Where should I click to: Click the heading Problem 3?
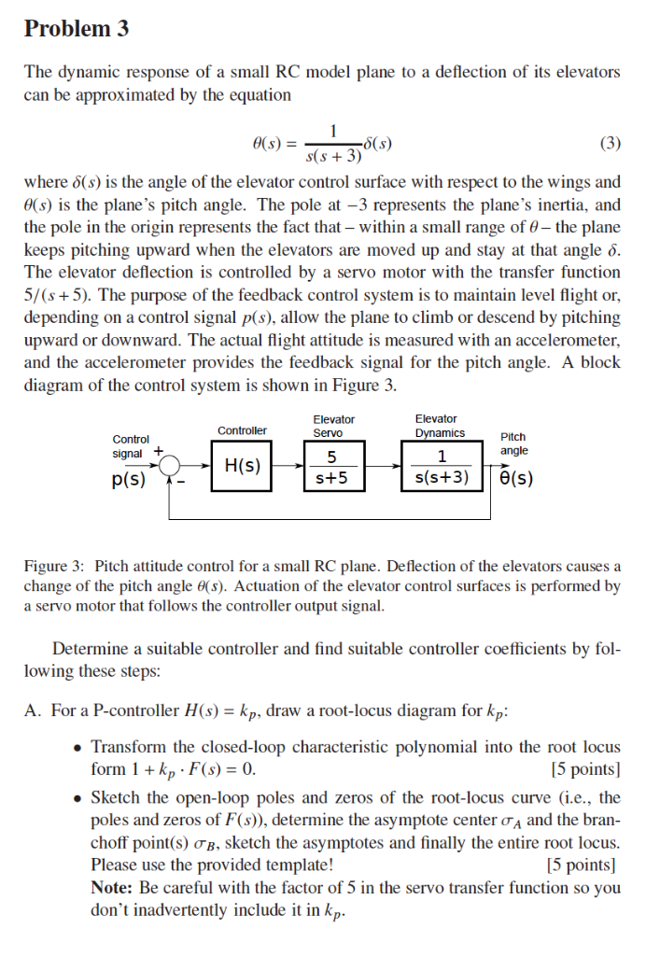[x=77, y=29]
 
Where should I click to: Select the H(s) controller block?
[x=242, y=465]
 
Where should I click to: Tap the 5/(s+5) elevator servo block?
[x=331, y=466]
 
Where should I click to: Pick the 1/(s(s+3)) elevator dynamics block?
[x=442, y=466]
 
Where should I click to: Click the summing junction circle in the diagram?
[x=170, y=464]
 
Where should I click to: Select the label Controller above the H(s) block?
[x=242, y=430]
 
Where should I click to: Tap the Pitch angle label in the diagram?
[x=513, y=443]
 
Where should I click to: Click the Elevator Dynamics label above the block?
[x=440, y=426]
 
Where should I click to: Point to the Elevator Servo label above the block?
[x=333, y=426]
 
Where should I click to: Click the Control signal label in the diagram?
[x=130, y=445]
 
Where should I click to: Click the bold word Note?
[x=111, y=888]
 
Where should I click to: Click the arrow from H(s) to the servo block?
[x=288, y=464]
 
